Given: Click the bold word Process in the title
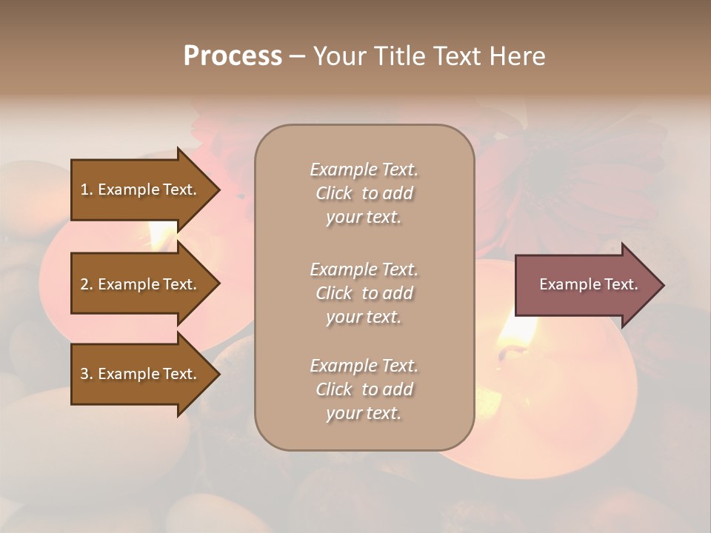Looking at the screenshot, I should coord(233,56).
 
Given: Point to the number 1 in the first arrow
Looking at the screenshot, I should coord(84,190).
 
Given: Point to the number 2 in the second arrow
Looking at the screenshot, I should coord(84,284).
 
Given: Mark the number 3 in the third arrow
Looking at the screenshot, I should coord(84,374).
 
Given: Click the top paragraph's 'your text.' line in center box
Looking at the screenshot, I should coord(364,217).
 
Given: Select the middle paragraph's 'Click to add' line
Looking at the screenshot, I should coord(364,293).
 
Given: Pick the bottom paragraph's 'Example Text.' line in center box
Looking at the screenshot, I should coord(364,366).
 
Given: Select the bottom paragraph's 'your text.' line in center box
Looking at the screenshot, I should coord(364,413).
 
